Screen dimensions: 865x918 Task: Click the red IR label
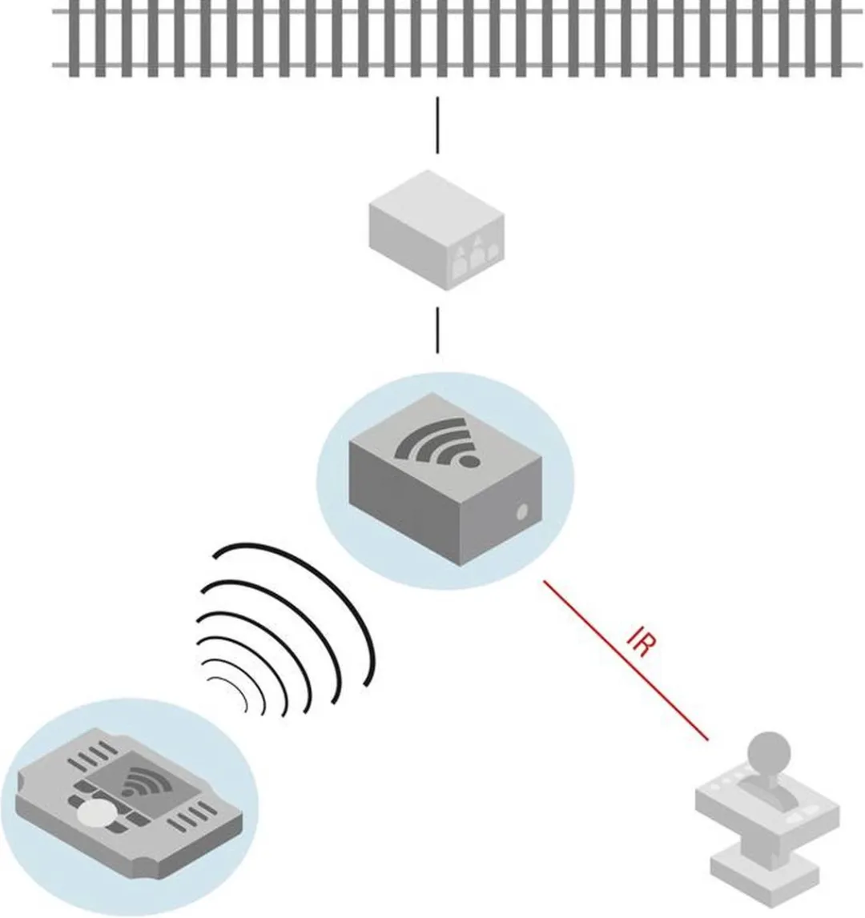pyautogui.click(x=641, y=643)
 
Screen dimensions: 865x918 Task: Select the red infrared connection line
pyautogui.click(x=626, y=660)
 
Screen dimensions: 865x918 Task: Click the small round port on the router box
pyautogui.click(x=521, y=513)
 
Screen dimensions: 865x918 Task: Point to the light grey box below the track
pyautogui.click(x=437, y=230)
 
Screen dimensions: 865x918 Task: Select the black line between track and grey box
pyautogui.click(x=437, y=126)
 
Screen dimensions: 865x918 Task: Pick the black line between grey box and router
pyautogui.click(x=437, y=331)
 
